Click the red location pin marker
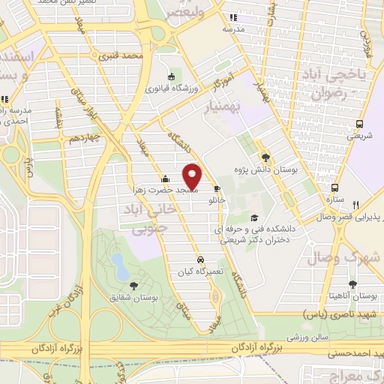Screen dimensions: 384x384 193,176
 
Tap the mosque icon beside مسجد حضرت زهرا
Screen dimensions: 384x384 165,179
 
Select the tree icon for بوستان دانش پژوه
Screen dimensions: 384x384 265,157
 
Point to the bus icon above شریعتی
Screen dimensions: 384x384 360,124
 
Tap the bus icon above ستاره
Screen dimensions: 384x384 335,188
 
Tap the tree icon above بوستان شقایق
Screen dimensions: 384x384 133,285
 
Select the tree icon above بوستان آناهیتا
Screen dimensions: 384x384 352,283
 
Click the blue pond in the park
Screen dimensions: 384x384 118,262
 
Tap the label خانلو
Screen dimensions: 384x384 217,200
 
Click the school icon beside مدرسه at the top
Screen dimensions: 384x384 233,17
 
